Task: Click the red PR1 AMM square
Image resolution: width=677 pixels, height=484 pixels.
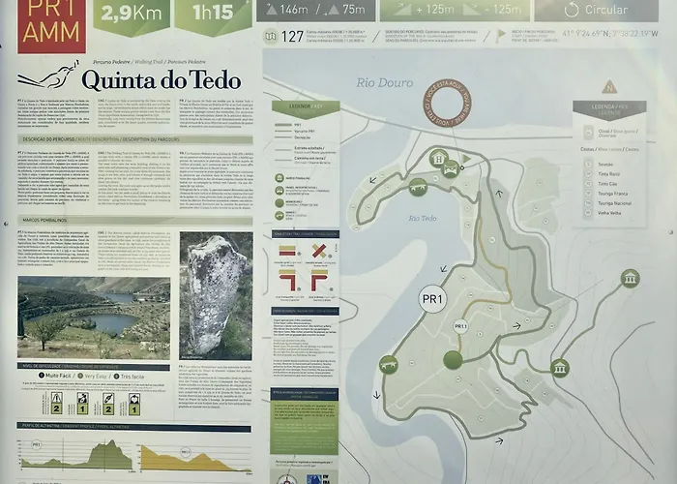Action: pyautogui.click(x=51, y=25)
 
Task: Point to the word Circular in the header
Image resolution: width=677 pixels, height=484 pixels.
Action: pyautogui.click(x=605, y=11)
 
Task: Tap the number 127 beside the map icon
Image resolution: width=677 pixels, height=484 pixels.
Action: pyautogui.click(x=291, y=37)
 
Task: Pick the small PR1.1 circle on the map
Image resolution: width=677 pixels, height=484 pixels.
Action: pyautogui.click(x=460, y=326)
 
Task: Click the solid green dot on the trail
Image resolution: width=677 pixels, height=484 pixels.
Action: pyautogui.click(x=453, y=360)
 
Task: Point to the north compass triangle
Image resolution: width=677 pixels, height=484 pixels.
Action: pyautogui.click(x=609, y=87)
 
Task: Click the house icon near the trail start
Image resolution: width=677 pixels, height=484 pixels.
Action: pyautogui.click(x=437, y=158)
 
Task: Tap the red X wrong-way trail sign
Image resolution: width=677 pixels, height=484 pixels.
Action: pyautogui.click(x=319, y=252)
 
